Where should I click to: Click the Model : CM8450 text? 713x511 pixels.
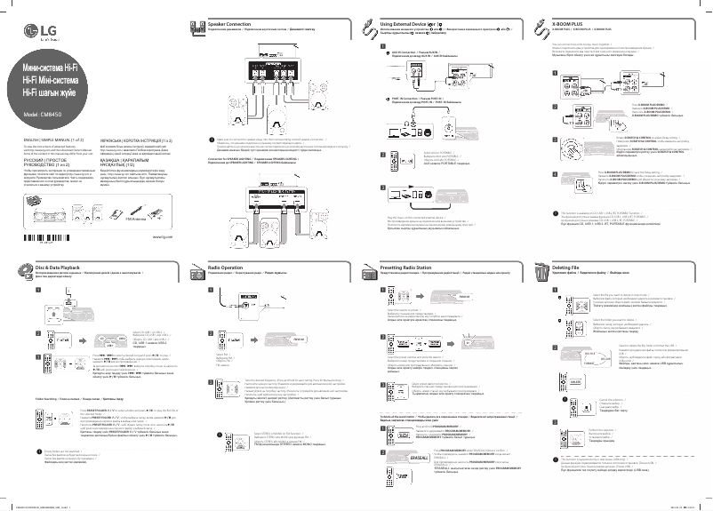point(44,116)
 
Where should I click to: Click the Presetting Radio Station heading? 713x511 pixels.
point(410,266)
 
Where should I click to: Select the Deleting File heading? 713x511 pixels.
point(573,266)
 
